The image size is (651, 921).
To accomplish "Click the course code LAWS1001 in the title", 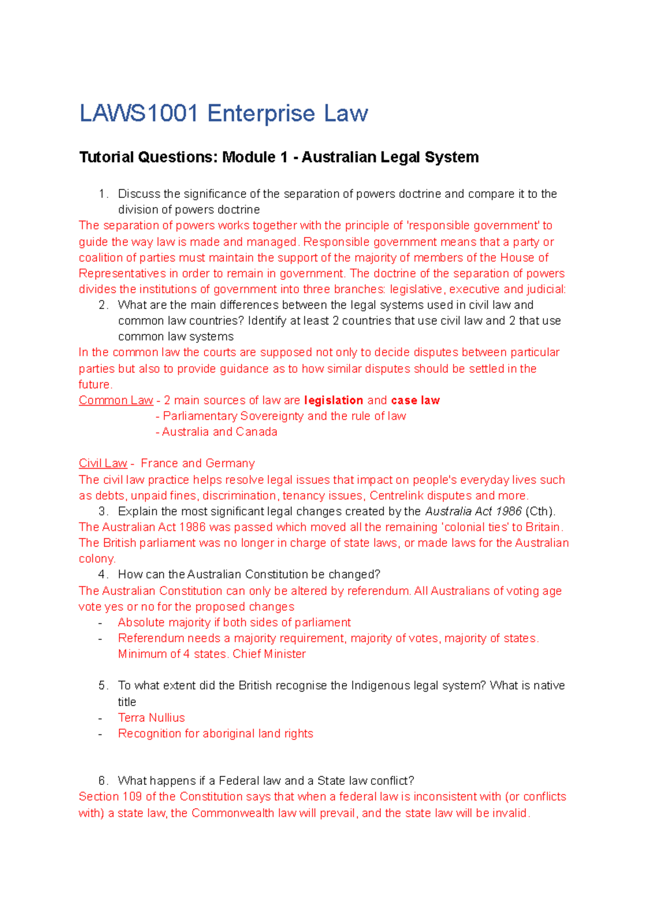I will pyautogui.click(x=138, y=113).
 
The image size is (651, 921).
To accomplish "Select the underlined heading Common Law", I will pyautogui.click(x=116, y=400).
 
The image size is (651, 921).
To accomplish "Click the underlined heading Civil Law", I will pyautogui.click(x=103, y=463).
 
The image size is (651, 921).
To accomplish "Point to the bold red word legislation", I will pyautogui.click(x=334, y=400).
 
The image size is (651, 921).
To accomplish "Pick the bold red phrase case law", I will pyautogui.click(x=415, y=400).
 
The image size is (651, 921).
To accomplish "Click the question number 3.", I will pyautogui.click(x=103, y=511).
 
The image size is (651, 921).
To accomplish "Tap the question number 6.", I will pyautogui.click(x=103, y=781).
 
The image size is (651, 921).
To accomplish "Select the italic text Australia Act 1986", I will pyautogui.click(x=473, y=511).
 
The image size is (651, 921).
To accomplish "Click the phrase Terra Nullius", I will pyautogui.click(x=151, y=718).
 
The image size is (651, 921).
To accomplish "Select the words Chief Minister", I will pyautogui.click(x=269, y=654).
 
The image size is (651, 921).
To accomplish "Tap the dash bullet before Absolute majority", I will pyautogui.click(x=100, y=623).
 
